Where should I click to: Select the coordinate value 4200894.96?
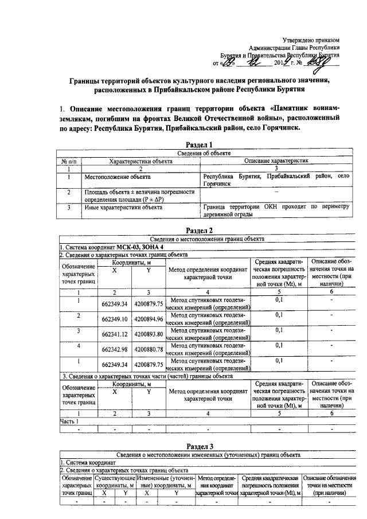click(148, 319)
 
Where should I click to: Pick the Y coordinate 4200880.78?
click(148, 349)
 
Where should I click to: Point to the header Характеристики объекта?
click(141, 161)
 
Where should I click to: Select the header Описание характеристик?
click(276, 161)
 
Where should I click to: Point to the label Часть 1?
click(69, 422)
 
